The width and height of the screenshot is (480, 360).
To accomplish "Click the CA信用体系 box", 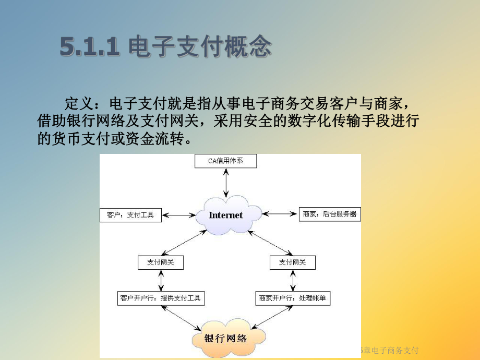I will coord(225,161).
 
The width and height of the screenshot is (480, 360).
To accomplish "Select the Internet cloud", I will coord(225,215).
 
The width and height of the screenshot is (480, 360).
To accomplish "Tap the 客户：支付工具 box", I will coord(130,214).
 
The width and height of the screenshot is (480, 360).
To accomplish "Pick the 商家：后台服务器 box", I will coord(330,214).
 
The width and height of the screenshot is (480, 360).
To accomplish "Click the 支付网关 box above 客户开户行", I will coord(161,262).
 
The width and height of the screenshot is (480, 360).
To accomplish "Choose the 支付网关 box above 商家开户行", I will coord(292,262).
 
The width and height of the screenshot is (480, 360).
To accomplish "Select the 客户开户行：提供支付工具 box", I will coord(160,298).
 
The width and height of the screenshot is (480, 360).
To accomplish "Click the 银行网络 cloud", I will coord(225,338).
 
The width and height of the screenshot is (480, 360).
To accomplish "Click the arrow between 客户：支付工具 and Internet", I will coord(178,214).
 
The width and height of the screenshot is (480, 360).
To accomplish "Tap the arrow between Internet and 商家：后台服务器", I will coord(281,213).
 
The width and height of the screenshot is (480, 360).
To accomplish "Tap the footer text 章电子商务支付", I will coord(391,350).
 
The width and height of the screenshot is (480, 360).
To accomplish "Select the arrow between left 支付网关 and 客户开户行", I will coord(161,281).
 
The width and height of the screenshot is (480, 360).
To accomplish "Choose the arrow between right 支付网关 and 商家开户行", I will coord(292,281).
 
